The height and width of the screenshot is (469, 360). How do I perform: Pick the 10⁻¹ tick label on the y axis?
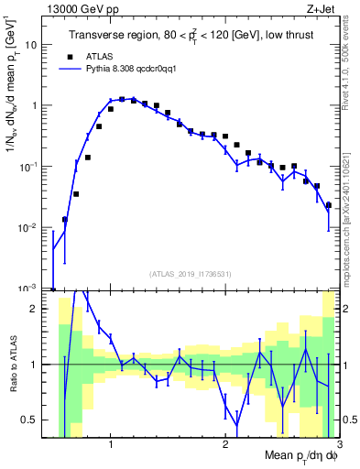pos(29,166)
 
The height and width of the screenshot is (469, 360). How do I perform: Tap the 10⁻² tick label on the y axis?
pos(29,227)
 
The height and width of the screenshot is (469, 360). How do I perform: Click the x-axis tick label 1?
pos(111,446)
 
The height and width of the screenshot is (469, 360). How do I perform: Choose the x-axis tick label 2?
pos(225,446)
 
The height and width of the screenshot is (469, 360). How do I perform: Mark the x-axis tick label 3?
pos(338,446)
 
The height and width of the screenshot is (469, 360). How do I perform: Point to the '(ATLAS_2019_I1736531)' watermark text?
pos(189,274)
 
